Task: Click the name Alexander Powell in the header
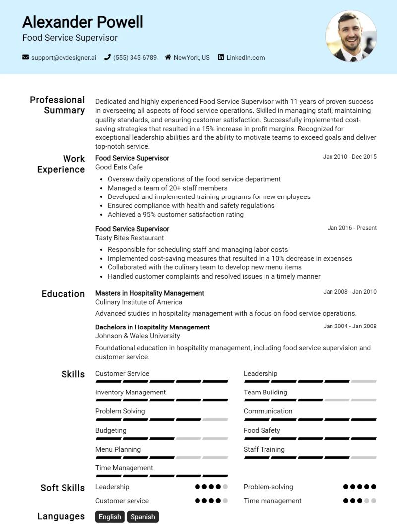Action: pos(82,22)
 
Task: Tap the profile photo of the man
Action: pos(351,36)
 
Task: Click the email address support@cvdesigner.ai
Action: pos(64,57)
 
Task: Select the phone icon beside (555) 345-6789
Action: pos(107,57)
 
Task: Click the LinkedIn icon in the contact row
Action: pos(221,57)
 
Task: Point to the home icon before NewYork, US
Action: pos(168,57)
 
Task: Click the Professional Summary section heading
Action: pos(57,105)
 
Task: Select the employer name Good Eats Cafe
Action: pos(119,167)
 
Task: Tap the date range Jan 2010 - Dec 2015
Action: pos(349,157)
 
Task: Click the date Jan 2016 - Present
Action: pos(352,228)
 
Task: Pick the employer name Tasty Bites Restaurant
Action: pos(130,238)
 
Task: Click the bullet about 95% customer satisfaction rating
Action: pos(175,215)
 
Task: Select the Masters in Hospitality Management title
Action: pos(150,293)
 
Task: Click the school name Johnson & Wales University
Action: pos(137,336)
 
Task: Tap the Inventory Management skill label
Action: pos(131,392)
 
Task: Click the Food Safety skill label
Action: pos(262,430)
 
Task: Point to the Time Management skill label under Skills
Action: pos(124,468)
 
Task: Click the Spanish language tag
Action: pos(142,517)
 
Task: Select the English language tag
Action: pos(110,517)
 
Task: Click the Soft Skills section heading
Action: pos(63,488)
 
